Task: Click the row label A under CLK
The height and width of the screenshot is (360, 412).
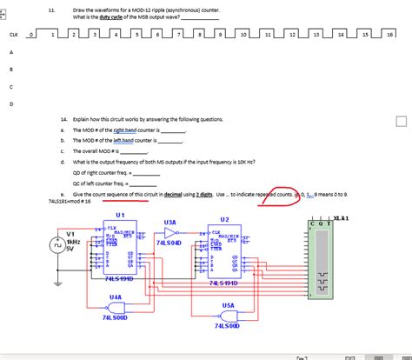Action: [10, 52]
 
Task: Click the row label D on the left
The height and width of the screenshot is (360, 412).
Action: [10, 104]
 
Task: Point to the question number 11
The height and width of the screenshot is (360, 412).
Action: [52, 8]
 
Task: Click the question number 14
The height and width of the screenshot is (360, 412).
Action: [64, 119]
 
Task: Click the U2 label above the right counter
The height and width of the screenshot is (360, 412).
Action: [224, 219]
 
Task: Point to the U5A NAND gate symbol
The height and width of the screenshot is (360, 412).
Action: [229, 316]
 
